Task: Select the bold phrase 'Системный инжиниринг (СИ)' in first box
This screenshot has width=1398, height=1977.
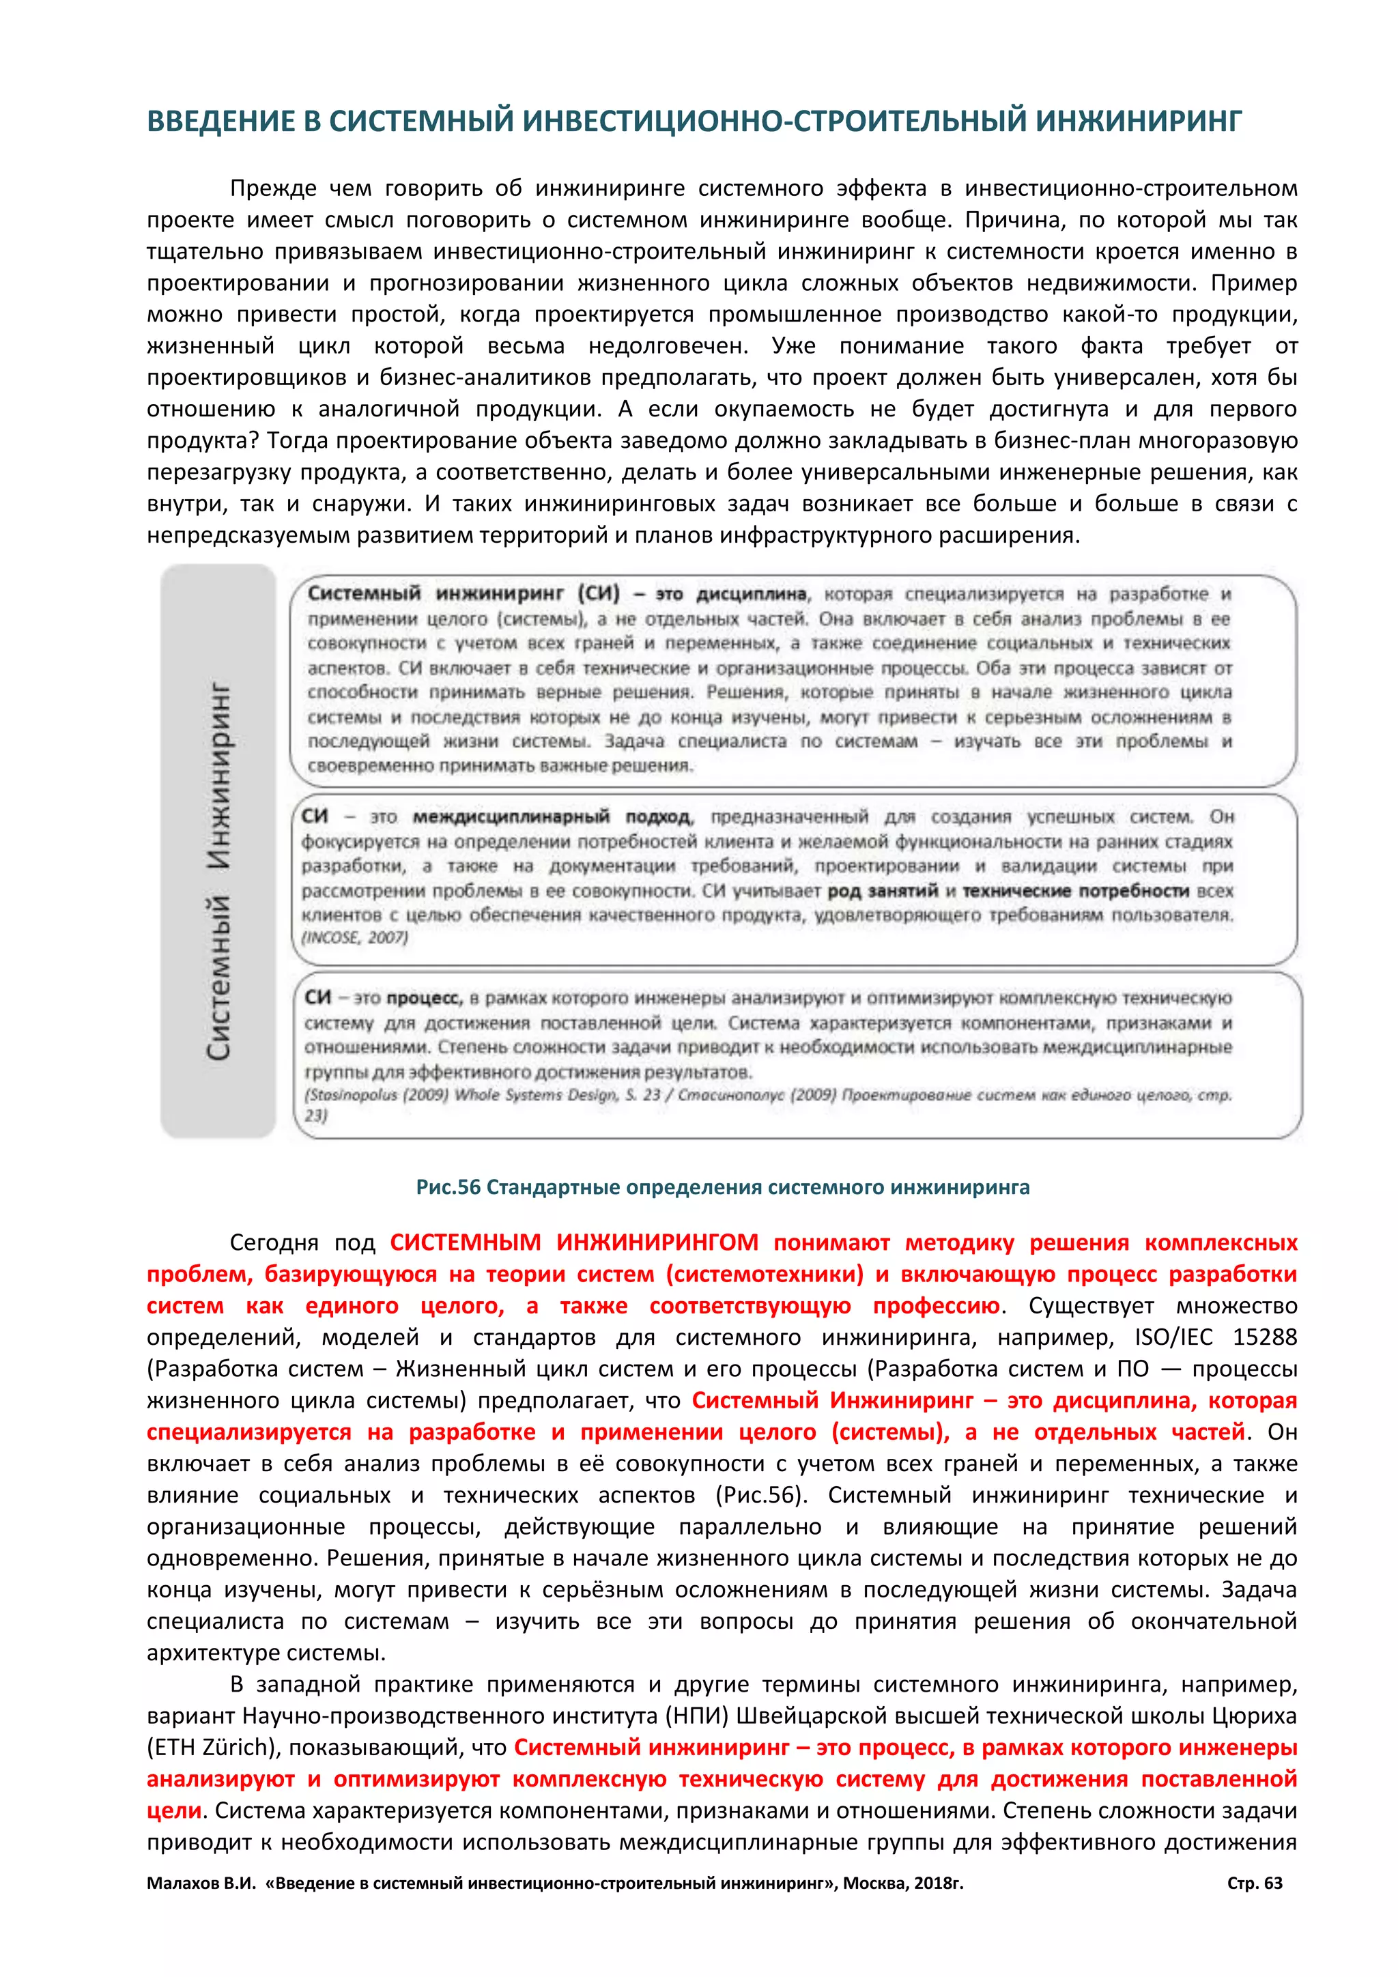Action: click(x=463, y=593)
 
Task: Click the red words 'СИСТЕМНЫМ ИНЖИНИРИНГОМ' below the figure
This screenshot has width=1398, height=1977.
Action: click(x=574, y=1242)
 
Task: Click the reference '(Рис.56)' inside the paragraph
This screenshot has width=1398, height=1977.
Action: click(x=761, y=1495)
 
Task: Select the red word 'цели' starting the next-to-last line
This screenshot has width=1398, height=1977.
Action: click(x=174, y=1810)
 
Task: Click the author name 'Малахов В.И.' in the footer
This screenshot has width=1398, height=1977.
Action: click(x=201, y=1883)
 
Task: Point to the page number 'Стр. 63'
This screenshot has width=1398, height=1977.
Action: click(x=1254, y=1883)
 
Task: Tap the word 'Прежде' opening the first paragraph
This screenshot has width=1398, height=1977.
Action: click(x=273, y=188)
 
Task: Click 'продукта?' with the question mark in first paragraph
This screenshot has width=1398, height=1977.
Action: click(x=202, y=440)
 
